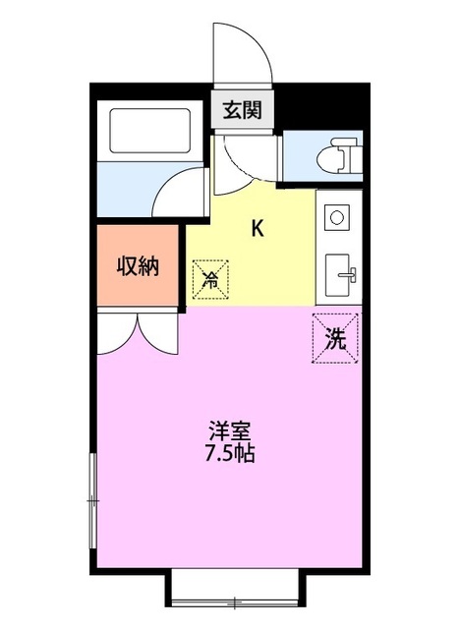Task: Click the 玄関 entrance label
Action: point(240,110)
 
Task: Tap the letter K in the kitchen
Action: point(258,229)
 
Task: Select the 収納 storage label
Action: point(139,265)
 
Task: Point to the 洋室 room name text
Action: point(229,431)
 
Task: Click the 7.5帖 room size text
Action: point(229,454)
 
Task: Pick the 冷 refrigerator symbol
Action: point(209,279)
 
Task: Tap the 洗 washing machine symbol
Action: point(336,339)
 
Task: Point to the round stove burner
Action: point(335,215)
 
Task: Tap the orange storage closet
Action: point(139,265)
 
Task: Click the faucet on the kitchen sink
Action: point(349,276)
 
